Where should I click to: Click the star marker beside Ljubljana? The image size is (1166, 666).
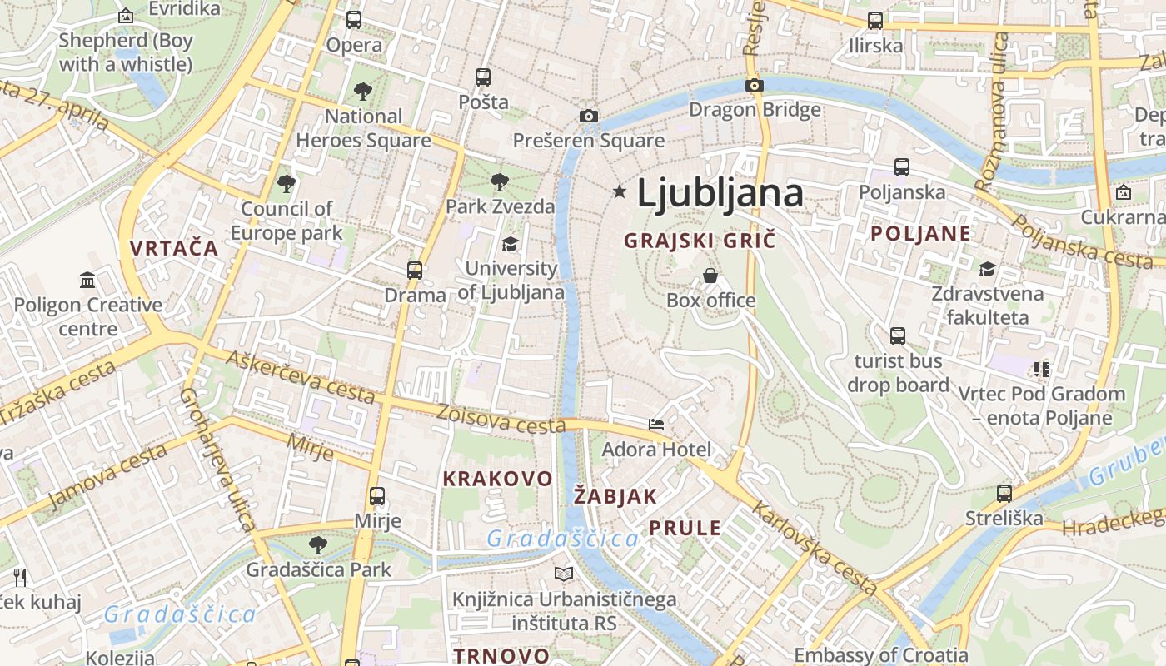(619, 192)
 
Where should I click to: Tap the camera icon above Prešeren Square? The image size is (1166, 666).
(589, 116)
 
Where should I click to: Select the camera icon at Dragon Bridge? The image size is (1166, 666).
(755, 85)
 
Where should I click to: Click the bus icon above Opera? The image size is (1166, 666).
(354, 20)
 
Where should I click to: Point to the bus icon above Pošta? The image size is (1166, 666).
(483, 77)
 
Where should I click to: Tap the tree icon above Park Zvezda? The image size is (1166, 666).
(500, 181)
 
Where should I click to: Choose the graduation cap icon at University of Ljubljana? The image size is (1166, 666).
(510, 244)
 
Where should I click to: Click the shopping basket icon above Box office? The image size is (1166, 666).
(710, 276)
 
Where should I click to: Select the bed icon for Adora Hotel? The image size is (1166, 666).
(656, 425)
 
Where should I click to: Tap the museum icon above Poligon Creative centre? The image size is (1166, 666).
(87, 280)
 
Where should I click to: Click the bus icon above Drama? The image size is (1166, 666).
(415, 271)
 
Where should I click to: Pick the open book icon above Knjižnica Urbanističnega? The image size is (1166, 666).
(564, 574)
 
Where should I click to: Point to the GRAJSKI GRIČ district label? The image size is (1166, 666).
(700, 241)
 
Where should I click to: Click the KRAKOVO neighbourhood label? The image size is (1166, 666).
(497, 479)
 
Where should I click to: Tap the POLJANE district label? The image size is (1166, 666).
(920, 233)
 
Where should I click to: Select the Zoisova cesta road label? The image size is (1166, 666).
(501, 419)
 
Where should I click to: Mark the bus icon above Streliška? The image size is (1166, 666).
(1004, 494)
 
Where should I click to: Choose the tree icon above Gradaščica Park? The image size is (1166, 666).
(317, 545)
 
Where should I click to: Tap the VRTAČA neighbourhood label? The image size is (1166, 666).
(174, 248)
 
